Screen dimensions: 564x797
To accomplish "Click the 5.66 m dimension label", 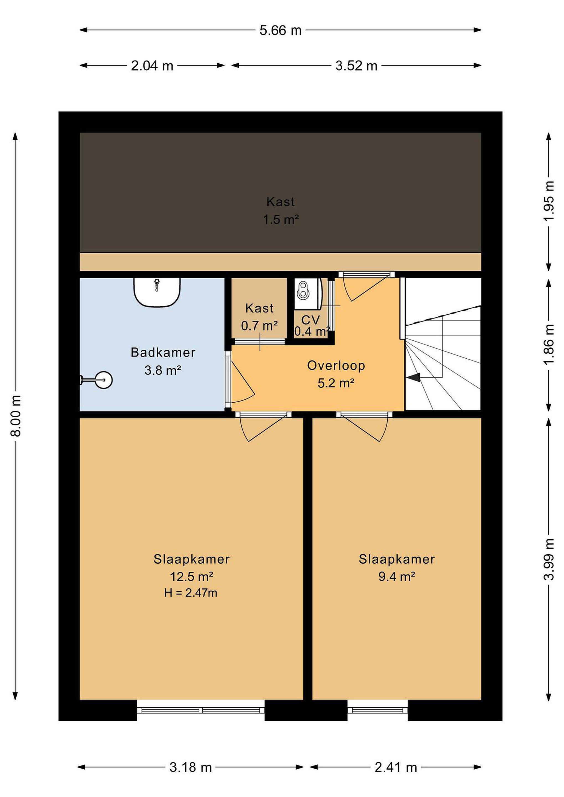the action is (280, 30).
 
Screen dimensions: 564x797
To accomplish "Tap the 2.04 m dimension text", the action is (152, 66).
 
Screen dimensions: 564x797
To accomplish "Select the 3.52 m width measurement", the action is (356, 66).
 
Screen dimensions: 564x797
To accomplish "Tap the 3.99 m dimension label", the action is (548, 559).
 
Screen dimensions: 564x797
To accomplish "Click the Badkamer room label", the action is (163, 352).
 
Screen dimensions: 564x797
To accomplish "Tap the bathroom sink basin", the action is (157, 292).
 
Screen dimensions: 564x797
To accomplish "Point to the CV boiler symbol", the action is (309, 294).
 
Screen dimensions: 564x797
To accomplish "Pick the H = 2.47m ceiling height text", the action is (191, 592).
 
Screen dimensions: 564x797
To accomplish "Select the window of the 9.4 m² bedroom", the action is (377, 710).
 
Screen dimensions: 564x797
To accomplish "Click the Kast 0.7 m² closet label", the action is (259, 317).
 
